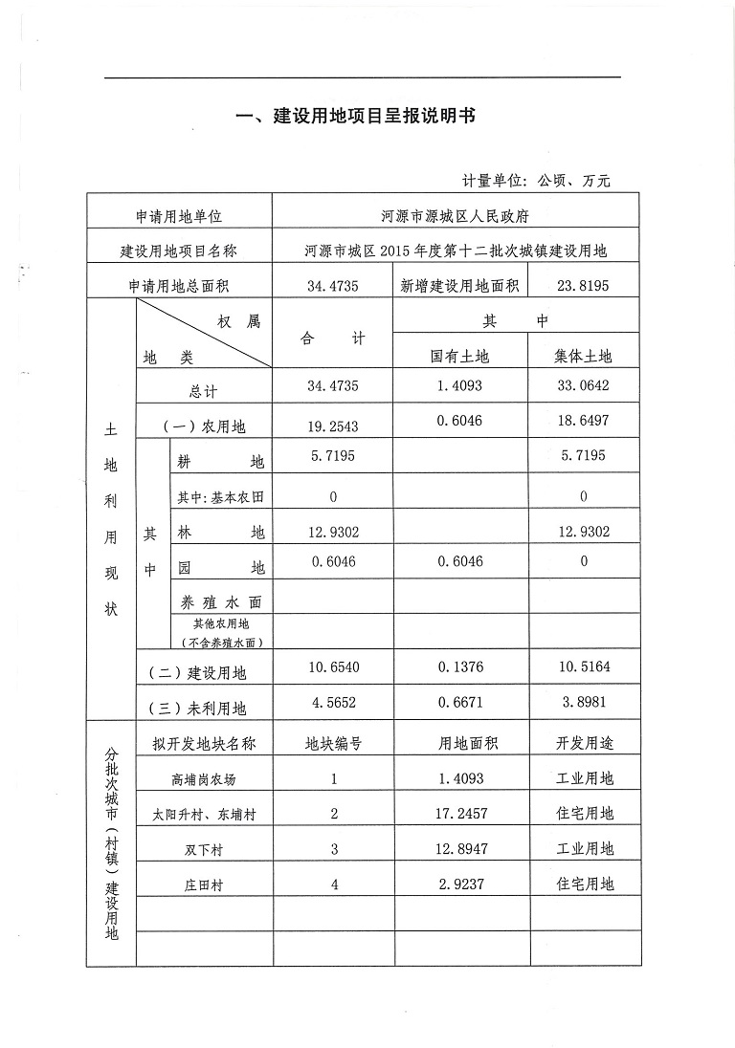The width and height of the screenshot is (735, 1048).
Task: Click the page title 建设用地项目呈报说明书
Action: [x=356, y=117]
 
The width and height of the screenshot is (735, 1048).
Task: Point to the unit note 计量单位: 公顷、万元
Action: [x=536, y=180]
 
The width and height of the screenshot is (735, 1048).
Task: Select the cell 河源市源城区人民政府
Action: [x=456, y=217]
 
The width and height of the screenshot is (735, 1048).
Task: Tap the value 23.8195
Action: [x=584, y=285]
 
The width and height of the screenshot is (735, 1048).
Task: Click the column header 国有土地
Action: [x=459, y=356]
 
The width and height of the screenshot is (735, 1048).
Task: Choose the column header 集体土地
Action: [x=584, y=356]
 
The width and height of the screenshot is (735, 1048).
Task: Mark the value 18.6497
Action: [x=584, y=422]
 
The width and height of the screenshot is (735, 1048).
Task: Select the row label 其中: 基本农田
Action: [x=220, y=496]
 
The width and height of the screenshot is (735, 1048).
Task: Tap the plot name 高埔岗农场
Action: [x=203, y=779]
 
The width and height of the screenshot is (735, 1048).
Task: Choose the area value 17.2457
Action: [x=459, y=814]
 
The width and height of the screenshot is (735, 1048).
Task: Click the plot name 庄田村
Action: [x=203, y=885]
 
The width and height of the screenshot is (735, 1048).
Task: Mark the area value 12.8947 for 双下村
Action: [x=459, y=849]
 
